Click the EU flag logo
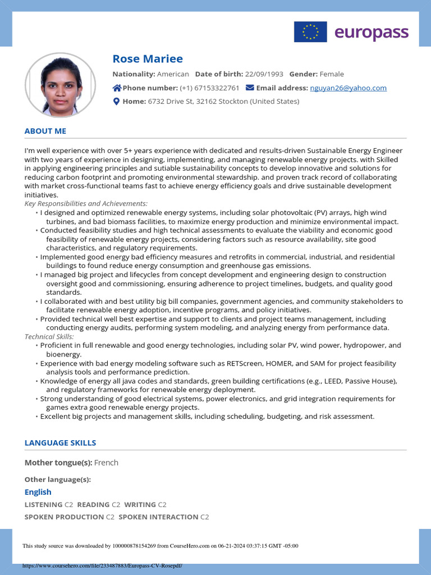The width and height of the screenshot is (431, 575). pos(310,32)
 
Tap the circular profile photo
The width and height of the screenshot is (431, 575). pos(60,85)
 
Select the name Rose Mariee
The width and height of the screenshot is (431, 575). pos(148,59)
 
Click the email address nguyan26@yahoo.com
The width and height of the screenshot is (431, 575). pos(348,88)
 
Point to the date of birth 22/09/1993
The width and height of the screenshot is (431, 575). pos(264,74)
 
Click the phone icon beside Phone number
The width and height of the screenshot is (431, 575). pos(117,88)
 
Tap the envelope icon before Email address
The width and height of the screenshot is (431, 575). pos(250,88)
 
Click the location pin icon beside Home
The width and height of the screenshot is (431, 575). pos(116,102)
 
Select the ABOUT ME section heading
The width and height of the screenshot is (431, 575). pos(45,131)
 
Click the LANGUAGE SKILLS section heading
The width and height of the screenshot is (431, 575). pos(60,442)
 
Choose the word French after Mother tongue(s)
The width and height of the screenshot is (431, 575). pos(106,463)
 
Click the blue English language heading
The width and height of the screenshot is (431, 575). pos(38,492)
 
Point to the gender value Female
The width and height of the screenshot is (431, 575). pos(332,74)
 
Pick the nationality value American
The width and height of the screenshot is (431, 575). pos(173,74)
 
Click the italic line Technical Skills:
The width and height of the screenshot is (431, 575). pos(49,336)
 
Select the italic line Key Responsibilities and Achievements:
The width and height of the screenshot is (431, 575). pos(86,203)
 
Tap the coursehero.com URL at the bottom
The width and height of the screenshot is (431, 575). pos(102,565)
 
